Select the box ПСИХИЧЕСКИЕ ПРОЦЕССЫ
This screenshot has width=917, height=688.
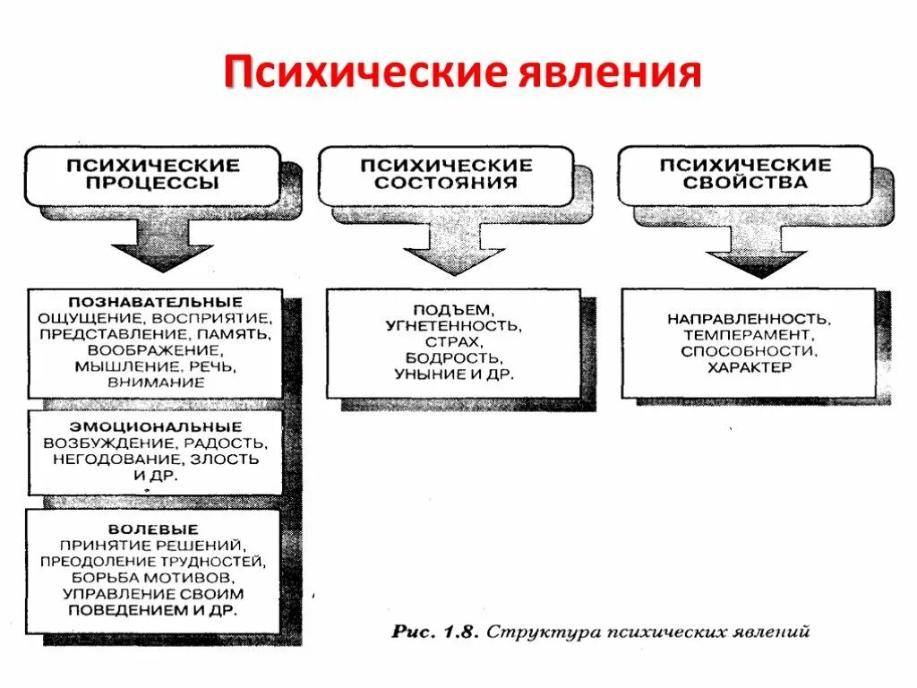152,175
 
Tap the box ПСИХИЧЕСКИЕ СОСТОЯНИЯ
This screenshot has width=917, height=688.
446,175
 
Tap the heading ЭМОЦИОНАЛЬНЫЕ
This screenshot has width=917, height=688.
155,426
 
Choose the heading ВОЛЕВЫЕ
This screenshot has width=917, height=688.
153,529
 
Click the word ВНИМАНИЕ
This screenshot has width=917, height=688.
156,382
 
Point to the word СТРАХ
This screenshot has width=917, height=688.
453,341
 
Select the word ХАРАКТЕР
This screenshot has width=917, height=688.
749,367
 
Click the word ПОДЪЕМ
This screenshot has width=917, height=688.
453,309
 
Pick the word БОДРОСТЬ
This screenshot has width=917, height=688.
453,357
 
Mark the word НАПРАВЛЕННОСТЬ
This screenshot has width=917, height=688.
749,319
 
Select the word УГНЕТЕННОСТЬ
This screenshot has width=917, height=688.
453,325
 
